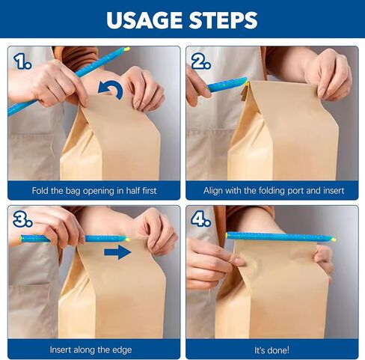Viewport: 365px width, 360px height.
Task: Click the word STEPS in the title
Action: pos(222,20)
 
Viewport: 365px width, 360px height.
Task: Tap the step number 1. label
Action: pos(22,61)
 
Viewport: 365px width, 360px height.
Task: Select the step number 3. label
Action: pos(22,220)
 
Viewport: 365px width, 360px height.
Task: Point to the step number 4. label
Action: pos(201,220)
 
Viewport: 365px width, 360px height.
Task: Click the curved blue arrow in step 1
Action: pos(111,91)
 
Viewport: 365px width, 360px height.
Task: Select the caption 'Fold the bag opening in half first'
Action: pos(94,191)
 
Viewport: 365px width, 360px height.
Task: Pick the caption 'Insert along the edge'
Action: pos(94,350)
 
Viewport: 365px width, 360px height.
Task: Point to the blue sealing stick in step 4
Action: pos(280,237)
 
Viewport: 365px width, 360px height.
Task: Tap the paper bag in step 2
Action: pos(284,135)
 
